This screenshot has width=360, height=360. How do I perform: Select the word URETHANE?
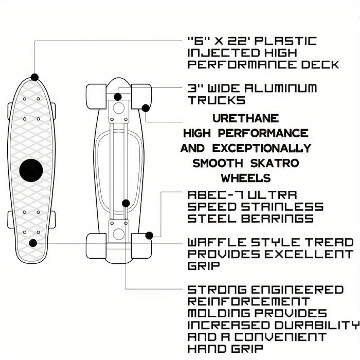pyautogui.click(x=246, y=119)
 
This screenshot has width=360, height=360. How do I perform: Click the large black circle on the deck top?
pyautogui.click(x=31, y=170)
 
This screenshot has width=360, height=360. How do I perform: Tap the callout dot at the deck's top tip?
pyautogui.click(x=34, y=77)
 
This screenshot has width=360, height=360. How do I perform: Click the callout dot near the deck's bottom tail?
pyautogui.click(x=33, y=243)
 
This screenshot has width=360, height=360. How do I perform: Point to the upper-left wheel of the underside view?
pyautogui.click(x=96, y=96)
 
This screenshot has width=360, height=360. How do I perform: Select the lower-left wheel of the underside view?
pyautogui.click(x=96, y=245)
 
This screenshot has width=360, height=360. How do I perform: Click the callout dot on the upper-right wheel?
pyautogui.click(x=146, y=108)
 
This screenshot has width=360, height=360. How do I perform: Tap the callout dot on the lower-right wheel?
pyautogui.click(x=149, y=236)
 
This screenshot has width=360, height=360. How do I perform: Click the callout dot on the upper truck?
pyautogui.click(x=118, y=97)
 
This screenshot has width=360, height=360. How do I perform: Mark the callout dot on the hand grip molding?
pyautogui.click(x=125, y=203)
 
